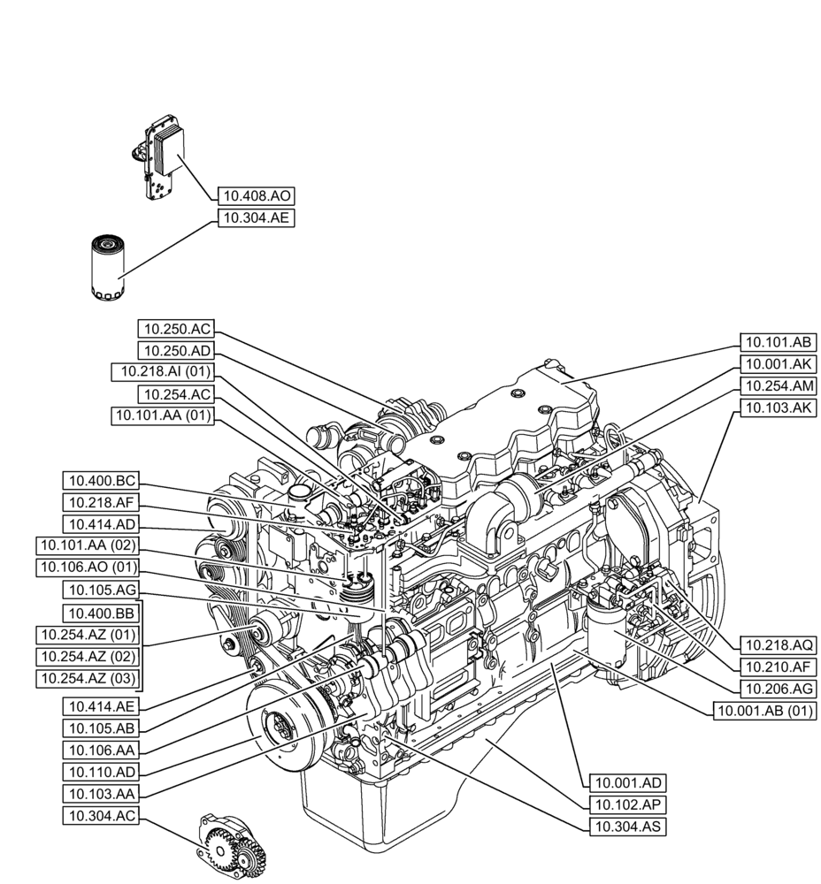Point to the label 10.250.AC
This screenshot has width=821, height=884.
(174, 329)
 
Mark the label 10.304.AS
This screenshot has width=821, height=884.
(625, 827)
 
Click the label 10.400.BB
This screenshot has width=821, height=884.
(100, 613)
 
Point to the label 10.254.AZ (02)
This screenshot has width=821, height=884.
(88, 656)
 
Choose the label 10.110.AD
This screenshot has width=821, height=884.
(100, 770)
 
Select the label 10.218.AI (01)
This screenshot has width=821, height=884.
(161, 371)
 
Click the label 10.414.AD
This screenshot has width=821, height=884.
(100, 524)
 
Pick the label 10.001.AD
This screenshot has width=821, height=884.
(625, 782)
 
